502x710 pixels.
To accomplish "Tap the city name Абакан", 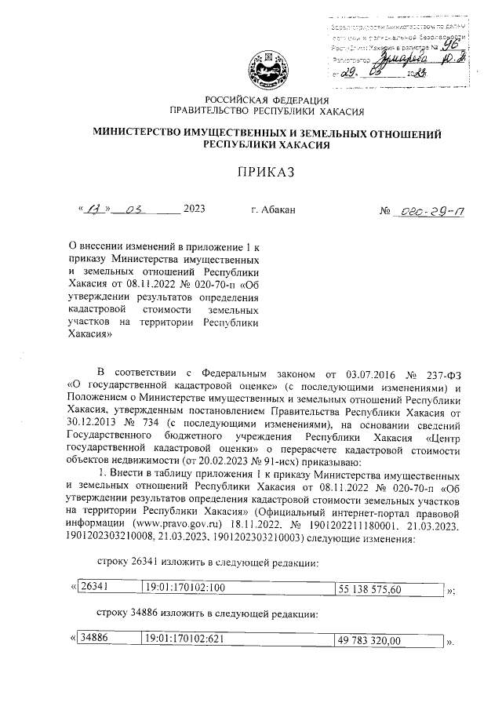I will (273, 209).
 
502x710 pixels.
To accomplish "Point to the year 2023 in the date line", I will (194, 209).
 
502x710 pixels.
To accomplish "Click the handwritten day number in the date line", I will (93, 209).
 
